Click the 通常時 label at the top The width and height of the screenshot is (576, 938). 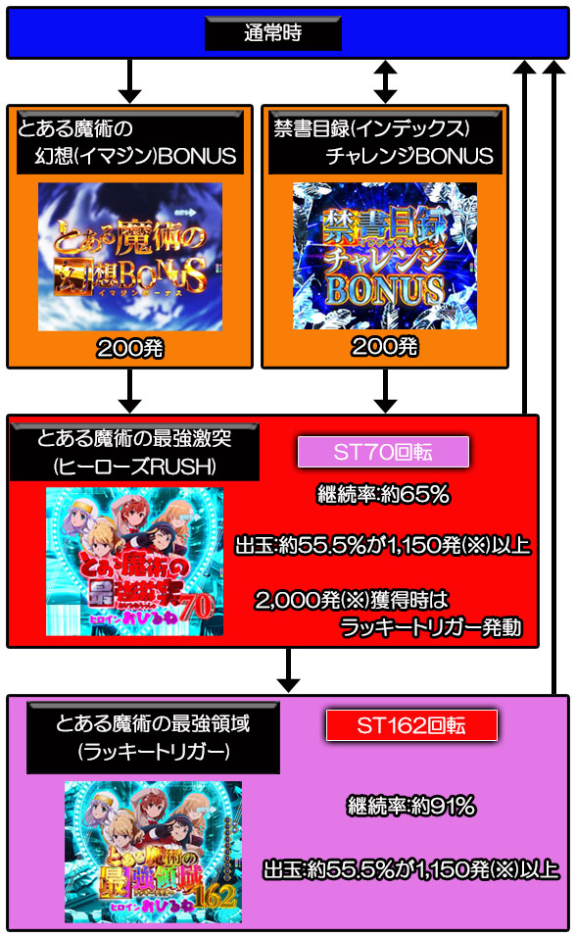coord(272,33)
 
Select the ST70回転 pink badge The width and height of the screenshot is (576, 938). coord(383,452)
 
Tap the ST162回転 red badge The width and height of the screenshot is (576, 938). coord(411,725)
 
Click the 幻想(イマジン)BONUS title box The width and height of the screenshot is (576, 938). coord(129,142)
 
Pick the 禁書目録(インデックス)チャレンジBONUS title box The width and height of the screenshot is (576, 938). coord(385,142)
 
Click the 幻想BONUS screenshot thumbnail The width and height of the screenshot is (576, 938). coord(130,257)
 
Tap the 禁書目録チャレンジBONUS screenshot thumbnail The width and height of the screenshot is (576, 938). coord(385,256)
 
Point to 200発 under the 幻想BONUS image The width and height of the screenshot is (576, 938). coord(129,348)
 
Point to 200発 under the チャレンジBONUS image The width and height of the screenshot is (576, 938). coord(385,346)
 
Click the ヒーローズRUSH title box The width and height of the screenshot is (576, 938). coord(134,452)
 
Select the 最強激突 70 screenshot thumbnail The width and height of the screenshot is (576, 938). coord(134,561)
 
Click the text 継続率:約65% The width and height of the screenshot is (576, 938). coord(383,495)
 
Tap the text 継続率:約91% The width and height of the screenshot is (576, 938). coord(411,807)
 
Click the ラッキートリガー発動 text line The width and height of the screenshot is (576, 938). coord(431,627)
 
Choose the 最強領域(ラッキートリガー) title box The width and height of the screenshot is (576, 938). coord(153,738)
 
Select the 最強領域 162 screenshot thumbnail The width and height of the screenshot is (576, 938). coord(153,852)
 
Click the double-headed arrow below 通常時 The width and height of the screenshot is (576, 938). coord(385,81)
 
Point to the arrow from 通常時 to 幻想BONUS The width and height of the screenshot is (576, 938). coord(129,81)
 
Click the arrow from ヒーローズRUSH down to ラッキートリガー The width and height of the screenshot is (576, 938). coord(288,670)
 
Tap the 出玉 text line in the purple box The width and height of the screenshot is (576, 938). coord(411,869)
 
